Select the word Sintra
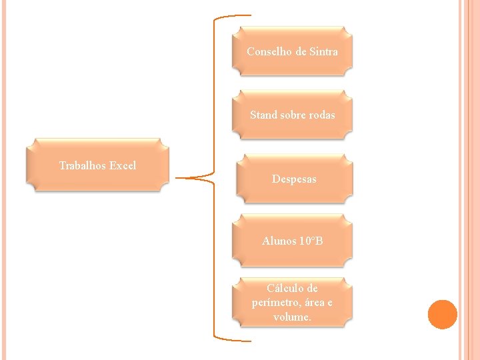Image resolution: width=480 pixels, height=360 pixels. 323,51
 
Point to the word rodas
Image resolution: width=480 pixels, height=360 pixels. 321,115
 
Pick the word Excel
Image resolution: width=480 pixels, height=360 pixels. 122,165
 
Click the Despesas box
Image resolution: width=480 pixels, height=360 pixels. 294,179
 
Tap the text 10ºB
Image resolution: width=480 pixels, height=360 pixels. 311,241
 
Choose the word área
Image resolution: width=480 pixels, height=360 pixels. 316,303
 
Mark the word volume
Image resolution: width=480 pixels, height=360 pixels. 292,317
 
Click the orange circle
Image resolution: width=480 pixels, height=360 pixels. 443,315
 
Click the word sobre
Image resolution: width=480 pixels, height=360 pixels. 293,115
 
